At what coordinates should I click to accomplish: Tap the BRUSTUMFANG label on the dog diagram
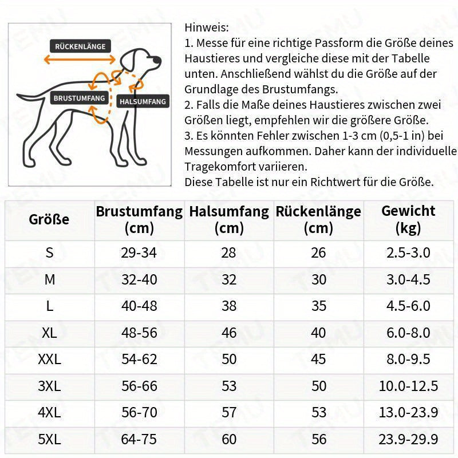tap(80, 98)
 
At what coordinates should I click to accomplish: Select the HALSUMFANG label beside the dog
tap(143, 102)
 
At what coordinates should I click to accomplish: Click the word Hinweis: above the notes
tap(207, 27)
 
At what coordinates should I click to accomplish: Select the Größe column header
tap(49, 219)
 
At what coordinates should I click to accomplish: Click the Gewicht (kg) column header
tap(408, 219)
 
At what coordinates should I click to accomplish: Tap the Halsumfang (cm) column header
tap(229, 219)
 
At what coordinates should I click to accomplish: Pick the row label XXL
tap(49, 360)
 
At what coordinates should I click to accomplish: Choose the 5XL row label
tap(49, 439)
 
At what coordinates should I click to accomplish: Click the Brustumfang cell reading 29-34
tap(139, 252)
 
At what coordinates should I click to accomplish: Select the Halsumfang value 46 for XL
tap(229, 333)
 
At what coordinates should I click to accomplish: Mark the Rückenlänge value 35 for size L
tap(318, 306)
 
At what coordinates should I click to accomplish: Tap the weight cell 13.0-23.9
tap(408, 412)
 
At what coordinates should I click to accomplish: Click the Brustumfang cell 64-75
tap(139, 439)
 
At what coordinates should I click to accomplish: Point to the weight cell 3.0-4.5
tap(408, 279)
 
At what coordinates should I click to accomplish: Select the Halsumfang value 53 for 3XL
tap(229, 386)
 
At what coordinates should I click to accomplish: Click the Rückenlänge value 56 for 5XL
tap(318, 439)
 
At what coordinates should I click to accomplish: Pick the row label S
tap(49, 252)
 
